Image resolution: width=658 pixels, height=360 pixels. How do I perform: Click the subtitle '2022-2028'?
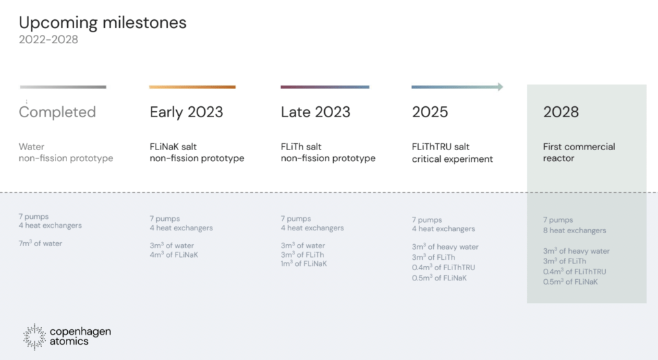pos(48,40)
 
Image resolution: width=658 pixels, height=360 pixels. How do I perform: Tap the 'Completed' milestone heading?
pos(58,112)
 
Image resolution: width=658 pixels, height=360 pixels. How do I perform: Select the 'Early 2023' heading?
pos(186,112)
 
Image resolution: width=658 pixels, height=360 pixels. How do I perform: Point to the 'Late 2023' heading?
pos(315,112)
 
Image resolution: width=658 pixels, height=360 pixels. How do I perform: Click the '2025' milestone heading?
pos(430,112)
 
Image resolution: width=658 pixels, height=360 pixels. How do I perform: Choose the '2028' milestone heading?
pos(561,112)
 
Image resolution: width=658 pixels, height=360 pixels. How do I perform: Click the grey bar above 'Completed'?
pos(63,87)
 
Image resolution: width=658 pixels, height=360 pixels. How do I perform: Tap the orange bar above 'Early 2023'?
pos(192,87)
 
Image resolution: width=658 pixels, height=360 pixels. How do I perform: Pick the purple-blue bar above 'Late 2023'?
pos(325,87)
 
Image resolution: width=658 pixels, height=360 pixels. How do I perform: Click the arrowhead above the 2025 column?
pos(500,87)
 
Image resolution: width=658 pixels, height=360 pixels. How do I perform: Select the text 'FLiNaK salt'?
pos(173,147)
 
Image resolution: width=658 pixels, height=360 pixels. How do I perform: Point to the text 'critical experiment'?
pos(452,159)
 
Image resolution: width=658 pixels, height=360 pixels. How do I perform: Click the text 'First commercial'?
pos(579,147)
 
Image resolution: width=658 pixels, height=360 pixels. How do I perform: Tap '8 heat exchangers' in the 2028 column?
pos(574,230)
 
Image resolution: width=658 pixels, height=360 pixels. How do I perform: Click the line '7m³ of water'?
pos(40,243)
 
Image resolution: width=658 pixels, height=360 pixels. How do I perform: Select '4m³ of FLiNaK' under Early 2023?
pos(173,254)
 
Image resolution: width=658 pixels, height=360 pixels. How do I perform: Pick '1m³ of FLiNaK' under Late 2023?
pos(304,263)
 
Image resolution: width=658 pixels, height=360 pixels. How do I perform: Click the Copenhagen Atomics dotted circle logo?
pos(34,337)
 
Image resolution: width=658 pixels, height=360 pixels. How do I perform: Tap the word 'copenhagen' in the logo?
pos(81,332)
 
